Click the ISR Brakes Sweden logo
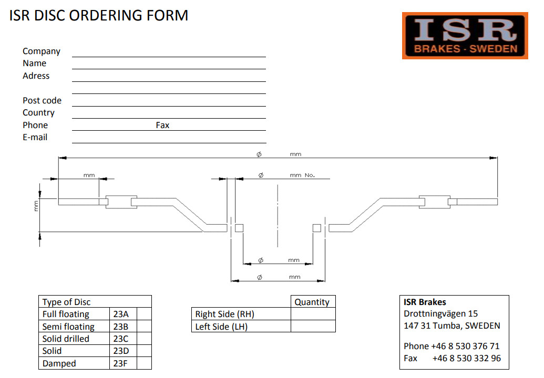pyautogui.click(x=465, y=36)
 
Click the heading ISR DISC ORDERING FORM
pyautogui.click(x=99, y=16)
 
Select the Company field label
pyautogui.click(x=42, y=51)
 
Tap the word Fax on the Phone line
pyautogui.click(x=162, y=125)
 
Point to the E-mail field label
pyautogui.click(x=35, y=138)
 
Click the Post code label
pyautogui.click(x=42, y=101)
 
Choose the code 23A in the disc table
pyautogui.click(x=120, y=314)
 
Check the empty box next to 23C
pyautogui.click(x=144, y=339)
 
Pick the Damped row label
pyautogui.click(x=59, y=364)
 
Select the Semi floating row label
pyautogui.click(x=68, y=327)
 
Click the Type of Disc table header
pyautogui.click(x=66, y=302)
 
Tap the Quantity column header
pyautogui.click(x=312, y=302)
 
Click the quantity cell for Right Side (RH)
pyautogui.click(x=313, y=314)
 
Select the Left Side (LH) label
pyautogui.click(x=221, y=327)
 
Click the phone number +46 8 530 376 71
pyautogui.click(x=465, y=346)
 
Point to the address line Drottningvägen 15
pyautogui.click(x=440, y=314)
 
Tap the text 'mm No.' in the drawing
pyautogui.click(x=302, y=175)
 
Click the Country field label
pyautogui.click(x=38, y=113)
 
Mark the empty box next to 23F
pyautogui.click(x=144, y=364)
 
